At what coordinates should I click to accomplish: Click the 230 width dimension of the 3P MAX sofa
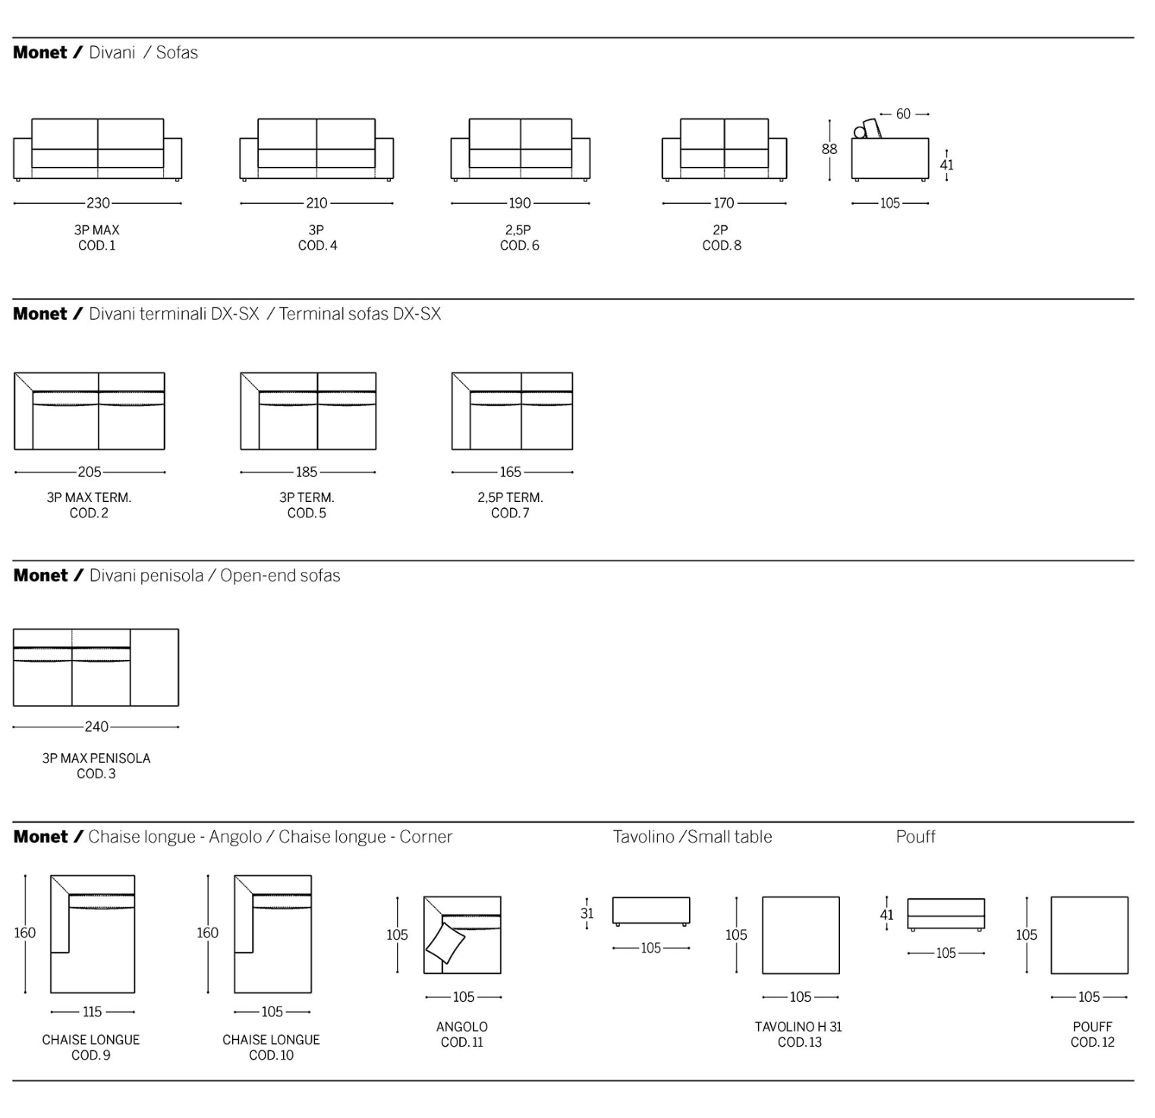[98, 203]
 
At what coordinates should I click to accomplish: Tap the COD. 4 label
[317, 246]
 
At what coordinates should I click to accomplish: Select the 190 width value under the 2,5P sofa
[520, 203]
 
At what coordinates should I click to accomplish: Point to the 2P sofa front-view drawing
[724, 149]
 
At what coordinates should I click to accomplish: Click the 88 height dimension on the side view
[829, 149]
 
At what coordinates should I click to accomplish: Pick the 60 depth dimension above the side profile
[903, 115]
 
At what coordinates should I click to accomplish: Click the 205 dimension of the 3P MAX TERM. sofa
[90, 473]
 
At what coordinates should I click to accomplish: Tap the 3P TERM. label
[307, 498]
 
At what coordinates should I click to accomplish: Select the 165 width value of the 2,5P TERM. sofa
[511, 473]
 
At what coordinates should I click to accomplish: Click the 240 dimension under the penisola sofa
[96, 727]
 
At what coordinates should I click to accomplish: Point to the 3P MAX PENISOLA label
[96, 758]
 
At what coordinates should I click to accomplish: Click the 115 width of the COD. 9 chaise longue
[92, 1012]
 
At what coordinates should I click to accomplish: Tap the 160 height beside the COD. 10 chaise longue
[207, 933]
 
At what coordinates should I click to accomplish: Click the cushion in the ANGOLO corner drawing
[445, 944]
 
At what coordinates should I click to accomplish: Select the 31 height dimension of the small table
[587, 914]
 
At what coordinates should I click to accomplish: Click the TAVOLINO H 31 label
[798, 1027]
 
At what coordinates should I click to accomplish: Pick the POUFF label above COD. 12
[1092, 1027]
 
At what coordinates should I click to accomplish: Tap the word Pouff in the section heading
[915, 837]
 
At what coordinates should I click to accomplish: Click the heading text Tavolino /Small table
[692, 837]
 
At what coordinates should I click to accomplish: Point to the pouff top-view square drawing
[1089, 935]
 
